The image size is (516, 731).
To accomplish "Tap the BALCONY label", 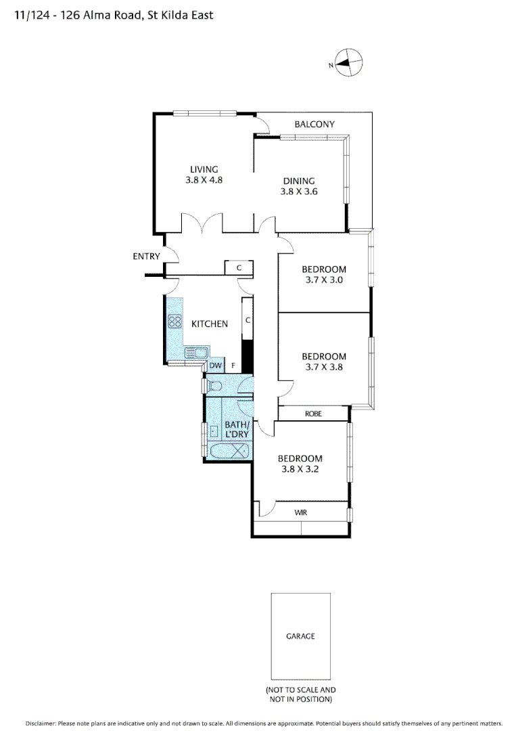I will point(314,124).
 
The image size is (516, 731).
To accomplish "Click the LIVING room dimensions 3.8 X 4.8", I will point(204,180).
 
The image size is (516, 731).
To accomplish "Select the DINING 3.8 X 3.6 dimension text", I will point(299,192).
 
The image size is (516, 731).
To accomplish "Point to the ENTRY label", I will point(146,257).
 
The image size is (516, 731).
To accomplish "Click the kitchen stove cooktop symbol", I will point(175,322).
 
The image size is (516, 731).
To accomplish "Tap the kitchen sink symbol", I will point(197,353).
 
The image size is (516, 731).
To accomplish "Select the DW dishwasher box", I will point(215,366).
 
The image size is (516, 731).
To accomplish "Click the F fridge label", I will point(233,366).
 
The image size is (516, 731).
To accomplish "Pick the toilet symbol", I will point(213,386).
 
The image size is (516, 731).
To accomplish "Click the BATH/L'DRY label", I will point(237,429).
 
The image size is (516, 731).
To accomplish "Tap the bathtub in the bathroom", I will point(229,452).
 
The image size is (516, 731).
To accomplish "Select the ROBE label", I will point(313,413).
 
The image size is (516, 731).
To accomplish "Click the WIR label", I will point(301,512).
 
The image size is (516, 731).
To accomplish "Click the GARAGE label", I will point(300,636).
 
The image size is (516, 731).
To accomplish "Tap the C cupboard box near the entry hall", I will point(239,268).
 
